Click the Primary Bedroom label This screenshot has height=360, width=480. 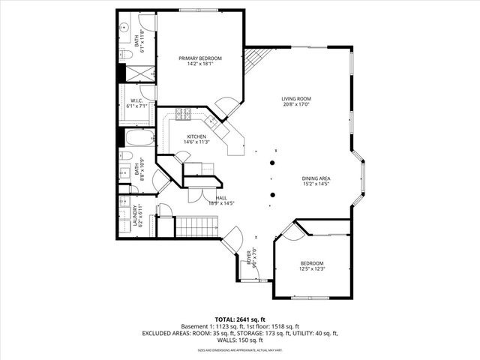pyautogui.click(x=199, y=58)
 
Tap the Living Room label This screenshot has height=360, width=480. pyautogui.click(x=296, y=99)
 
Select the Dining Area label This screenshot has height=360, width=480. pyautogui.click(x=316, y=178)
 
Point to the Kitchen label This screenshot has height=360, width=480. pyautogui.click(x=196, y=136)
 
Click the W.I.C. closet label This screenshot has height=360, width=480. pyautogui.click(x=136, y=100)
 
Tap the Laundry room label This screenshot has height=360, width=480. pyautogui.click(x=136, y=216)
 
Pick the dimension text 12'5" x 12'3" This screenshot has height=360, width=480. pyautogui.click(x=313, y=268)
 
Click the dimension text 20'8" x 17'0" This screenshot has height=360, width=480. pyautogui.click(x=296, y=105)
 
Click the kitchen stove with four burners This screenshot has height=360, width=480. pyautogui.click(x=183, y=114)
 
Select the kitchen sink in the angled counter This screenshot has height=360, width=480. pyautogui.click(x=213, y=119)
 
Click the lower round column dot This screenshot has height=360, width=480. pyautogui.click(x=273, y=195)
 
